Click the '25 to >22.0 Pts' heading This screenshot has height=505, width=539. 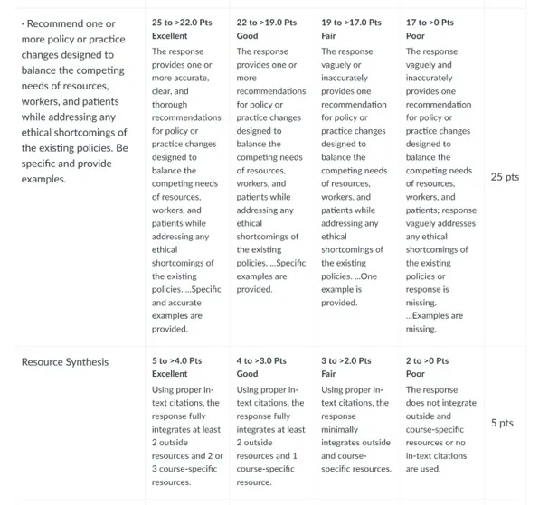pyautogui.click(x=183, y=22)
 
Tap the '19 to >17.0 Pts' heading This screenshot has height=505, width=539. pyautogui.click(x=352, y=22)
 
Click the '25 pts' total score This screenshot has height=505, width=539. pyautogui.click(x=505, y=177)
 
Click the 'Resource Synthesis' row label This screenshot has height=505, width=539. pyautogui.click(x=65, y=361)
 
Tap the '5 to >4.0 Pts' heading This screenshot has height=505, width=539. pyautogui.click(x=177, y=360)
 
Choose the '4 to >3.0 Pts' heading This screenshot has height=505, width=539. pyautogui.click(x=261, y=360)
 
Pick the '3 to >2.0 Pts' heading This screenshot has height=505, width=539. pyautogui.click(x=346, y=360)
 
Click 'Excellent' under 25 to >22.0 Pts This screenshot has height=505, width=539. pyautogui.click(x=170, y=35)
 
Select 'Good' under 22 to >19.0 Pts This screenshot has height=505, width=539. pyautogui.click(x=247, y=35)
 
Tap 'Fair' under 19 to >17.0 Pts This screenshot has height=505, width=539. pyautogui.click(x=329, y=35)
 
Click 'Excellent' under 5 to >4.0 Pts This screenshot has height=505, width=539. pyautogui.click(x=170, y=374)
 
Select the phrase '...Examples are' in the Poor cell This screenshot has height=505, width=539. pyautogui.click(x=434, y=316)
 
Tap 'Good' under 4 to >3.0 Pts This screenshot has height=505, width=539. pyautogui.click(x=247, y=374)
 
